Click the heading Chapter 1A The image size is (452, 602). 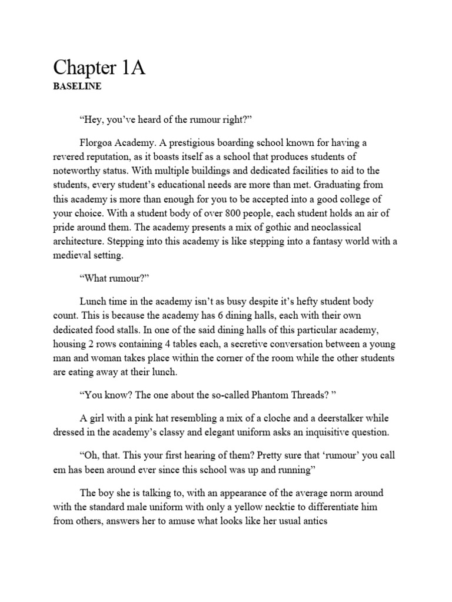pos(99,69)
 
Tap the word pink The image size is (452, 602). pos(148,418)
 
